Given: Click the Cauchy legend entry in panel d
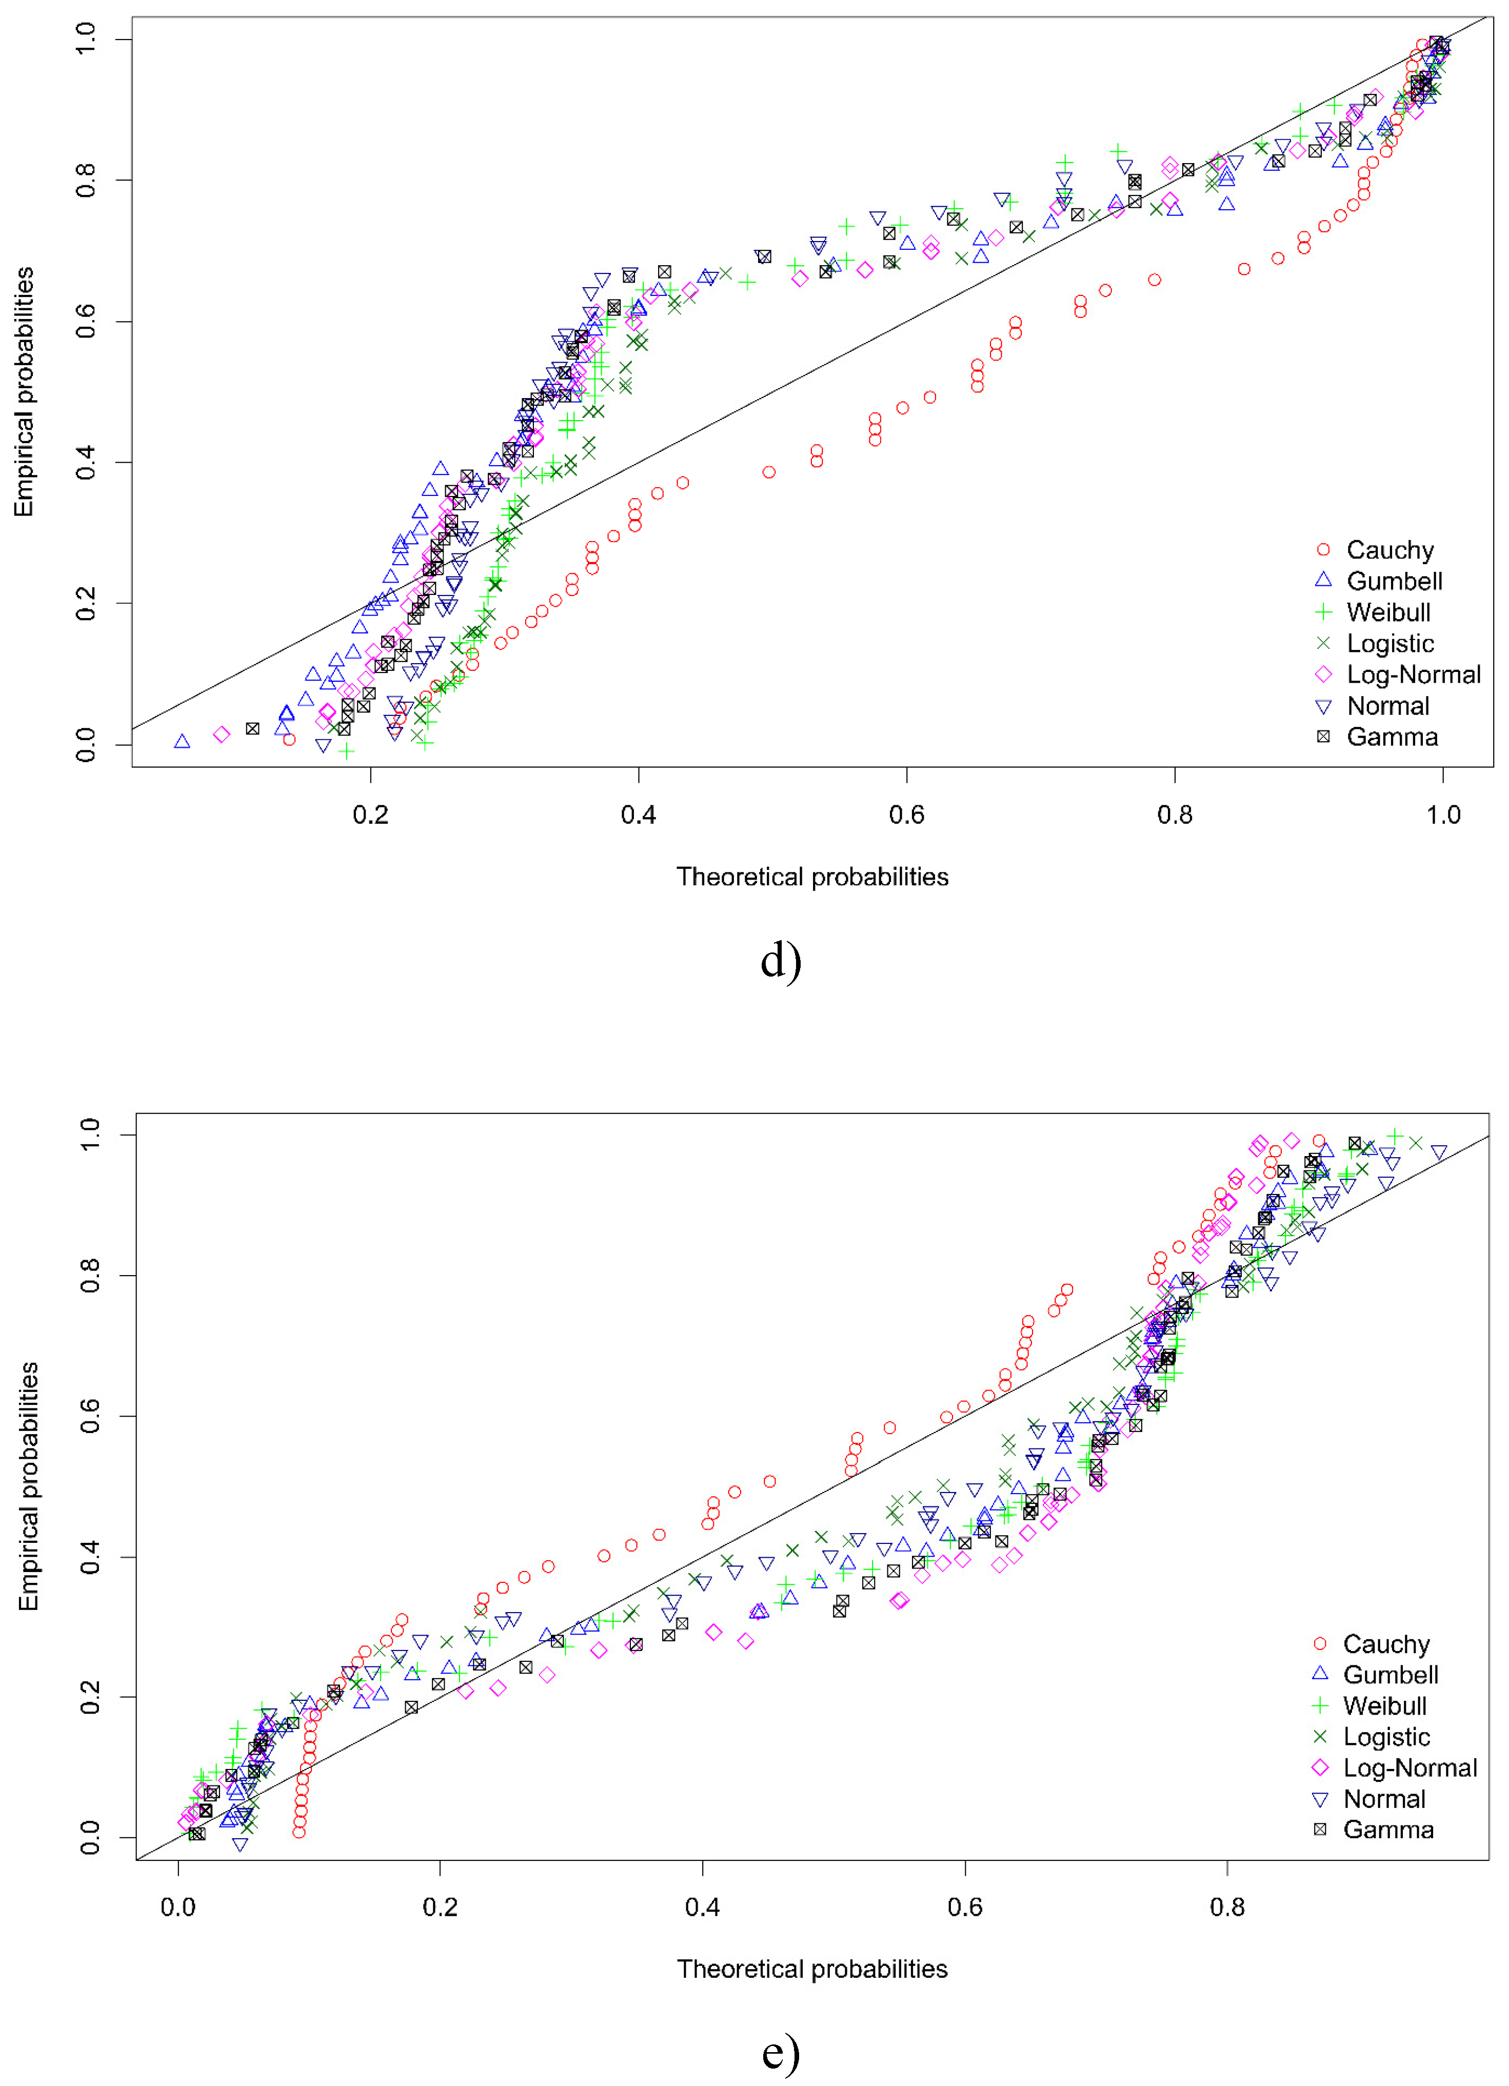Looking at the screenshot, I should click(1388, 550).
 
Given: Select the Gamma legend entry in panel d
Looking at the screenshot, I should click(1392, 737).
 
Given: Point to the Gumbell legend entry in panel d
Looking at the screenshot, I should click(1393, 581).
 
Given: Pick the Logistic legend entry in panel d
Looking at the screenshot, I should click(1389, 644).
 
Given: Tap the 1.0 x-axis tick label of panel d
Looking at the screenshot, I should click(1443, 814).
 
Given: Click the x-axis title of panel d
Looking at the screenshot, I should click(812, 877).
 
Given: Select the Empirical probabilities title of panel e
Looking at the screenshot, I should click(29, 1485).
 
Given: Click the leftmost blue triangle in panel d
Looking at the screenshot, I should click(182, 741).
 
